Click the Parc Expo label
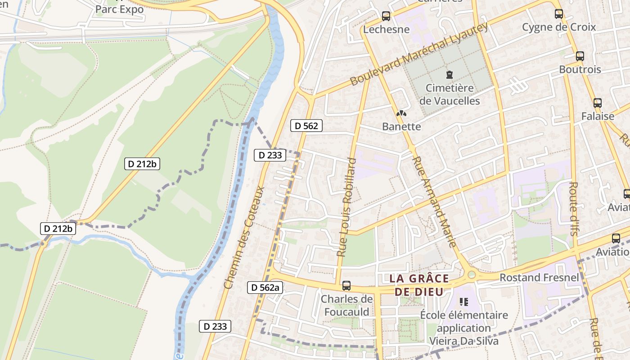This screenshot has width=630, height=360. coord(119,9)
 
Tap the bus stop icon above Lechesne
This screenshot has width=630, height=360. coord(386,16)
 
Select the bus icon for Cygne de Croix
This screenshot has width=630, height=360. coord(558,14)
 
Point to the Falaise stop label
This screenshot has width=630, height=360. coord(597,116)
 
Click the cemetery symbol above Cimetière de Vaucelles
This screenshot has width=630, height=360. coord(449,74)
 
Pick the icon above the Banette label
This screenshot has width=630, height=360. coord(401,114)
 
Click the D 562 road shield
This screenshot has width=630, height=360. coord(306,126)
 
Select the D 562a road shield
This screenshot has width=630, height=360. coord(265,288)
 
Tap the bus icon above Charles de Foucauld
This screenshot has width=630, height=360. coord(346,285)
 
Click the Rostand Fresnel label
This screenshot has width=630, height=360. coord(539,277)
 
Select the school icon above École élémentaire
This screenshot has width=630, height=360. coord(463,302)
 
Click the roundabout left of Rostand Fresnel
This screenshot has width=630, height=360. coord(471,274)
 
